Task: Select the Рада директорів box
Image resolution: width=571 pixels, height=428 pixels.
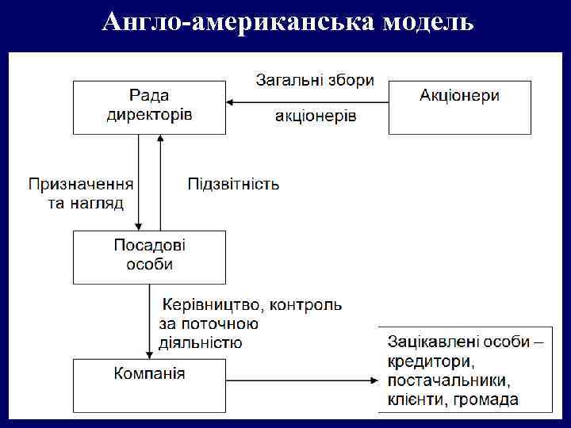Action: coord(149,106)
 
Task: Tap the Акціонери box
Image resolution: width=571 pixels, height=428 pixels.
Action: coord(459,106)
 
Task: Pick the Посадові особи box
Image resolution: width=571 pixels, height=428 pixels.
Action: coord(149,256)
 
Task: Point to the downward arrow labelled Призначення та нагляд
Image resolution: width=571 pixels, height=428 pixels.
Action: coord(139,182)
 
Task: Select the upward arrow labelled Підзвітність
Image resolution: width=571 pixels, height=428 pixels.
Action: coord(161,182)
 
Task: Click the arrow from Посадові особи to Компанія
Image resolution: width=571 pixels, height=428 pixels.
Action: coord(150,321)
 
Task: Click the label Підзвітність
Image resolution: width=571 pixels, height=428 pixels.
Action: coord(233,185)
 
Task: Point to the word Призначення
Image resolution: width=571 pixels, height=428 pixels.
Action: coord(81,185)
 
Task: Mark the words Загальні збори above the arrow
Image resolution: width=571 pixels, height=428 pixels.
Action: coord(315,81)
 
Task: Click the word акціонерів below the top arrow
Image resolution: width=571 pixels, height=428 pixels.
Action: coord(316,117)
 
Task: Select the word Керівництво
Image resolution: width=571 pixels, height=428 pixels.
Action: coord(209,304)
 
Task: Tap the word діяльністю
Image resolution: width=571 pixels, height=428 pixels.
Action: coord(201,343)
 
